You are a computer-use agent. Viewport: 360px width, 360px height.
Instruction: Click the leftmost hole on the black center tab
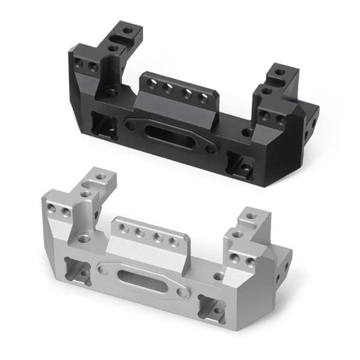pos(154,83)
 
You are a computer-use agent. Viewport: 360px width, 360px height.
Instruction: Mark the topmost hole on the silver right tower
pos(251,216)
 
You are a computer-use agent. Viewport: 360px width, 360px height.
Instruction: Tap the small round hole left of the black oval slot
pos(130,125)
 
